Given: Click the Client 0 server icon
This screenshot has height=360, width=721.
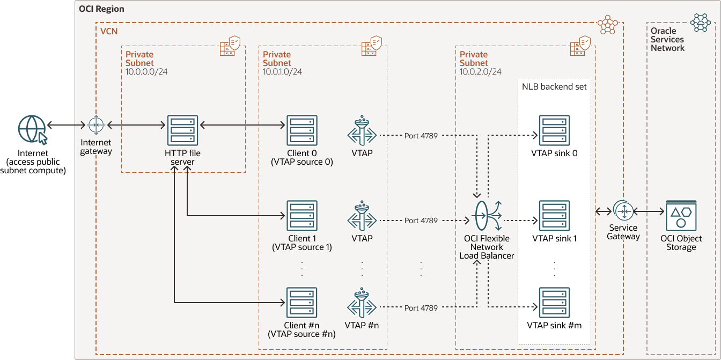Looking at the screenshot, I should (x=302, y=130).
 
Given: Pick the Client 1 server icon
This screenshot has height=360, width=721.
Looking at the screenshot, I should (x=302, y=216).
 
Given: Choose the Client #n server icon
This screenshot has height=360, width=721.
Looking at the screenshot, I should (x=302, y=303).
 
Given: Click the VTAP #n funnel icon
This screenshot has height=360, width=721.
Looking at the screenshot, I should (x=362, y=304).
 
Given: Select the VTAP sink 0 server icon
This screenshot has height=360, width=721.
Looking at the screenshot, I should (x=554, y=130).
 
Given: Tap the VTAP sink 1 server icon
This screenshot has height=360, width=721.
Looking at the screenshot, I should (x=554, y=216).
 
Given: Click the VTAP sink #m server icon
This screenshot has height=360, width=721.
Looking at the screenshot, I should (x=554, y=303).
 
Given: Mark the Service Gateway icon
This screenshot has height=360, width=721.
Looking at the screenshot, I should (x=623, y=211).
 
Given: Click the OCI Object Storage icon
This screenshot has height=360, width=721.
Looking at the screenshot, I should (x=681, y=216).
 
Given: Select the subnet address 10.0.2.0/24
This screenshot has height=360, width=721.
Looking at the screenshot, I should (x=481, y=71).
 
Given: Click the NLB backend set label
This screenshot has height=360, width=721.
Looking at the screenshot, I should (x=554, y=86).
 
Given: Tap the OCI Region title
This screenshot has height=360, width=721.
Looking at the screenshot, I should (x=101, y=9).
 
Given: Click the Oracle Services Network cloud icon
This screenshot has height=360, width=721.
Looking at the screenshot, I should (x=701, y=22).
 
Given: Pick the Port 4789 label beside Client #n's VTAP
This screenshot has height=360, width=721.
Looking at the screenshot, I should (x=421, y=308).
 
